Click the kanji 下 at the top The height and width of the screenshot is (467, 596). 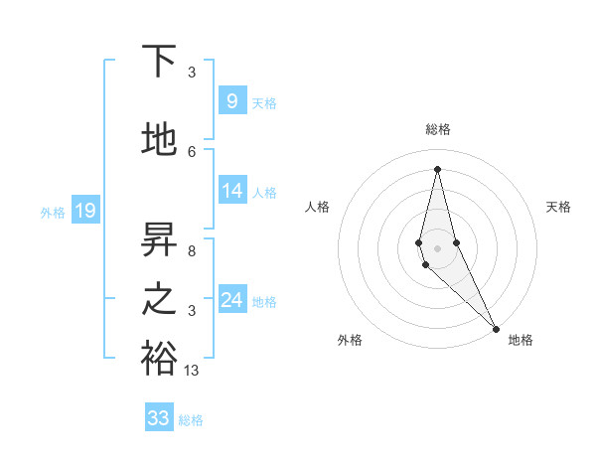[159, 62]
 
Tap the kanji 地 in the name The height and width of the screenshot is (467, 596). [159, 140]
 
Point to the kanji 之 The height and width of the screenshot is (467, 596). [159, 299]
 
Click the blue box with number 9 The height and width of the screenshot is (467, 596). [231, 101]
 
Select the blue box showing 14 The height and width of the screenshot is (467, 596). [231, 192]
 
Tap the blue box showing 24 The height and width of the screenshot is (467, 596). [231, 300]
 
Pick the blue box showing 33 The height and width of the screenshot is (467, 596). [159, 418]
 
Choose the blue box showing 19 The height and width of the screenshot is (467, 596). [84, 211]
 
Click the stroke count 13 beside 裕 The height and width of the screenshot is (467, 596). [192, 371]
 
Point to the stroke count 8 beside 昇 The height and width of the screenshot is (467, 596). [192, 250]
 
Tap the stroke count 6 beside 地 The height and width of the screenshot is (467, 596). [192, 152]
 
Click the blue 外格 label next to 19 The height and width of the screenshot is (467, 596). [53, 212]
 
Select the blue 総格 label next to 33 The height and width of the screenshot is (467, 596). [191, 419]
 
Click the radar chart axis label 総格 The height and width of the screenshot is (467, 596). [438, 129]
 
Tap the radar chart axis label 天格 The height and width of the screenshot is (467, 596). [559, 207]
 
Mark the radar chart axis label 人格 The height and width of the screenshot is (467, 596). [317, 207]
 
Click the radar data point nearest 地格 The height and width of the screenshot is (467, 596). [496, 327]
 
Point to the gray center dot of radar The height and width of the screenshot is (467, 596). [437, 248]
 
